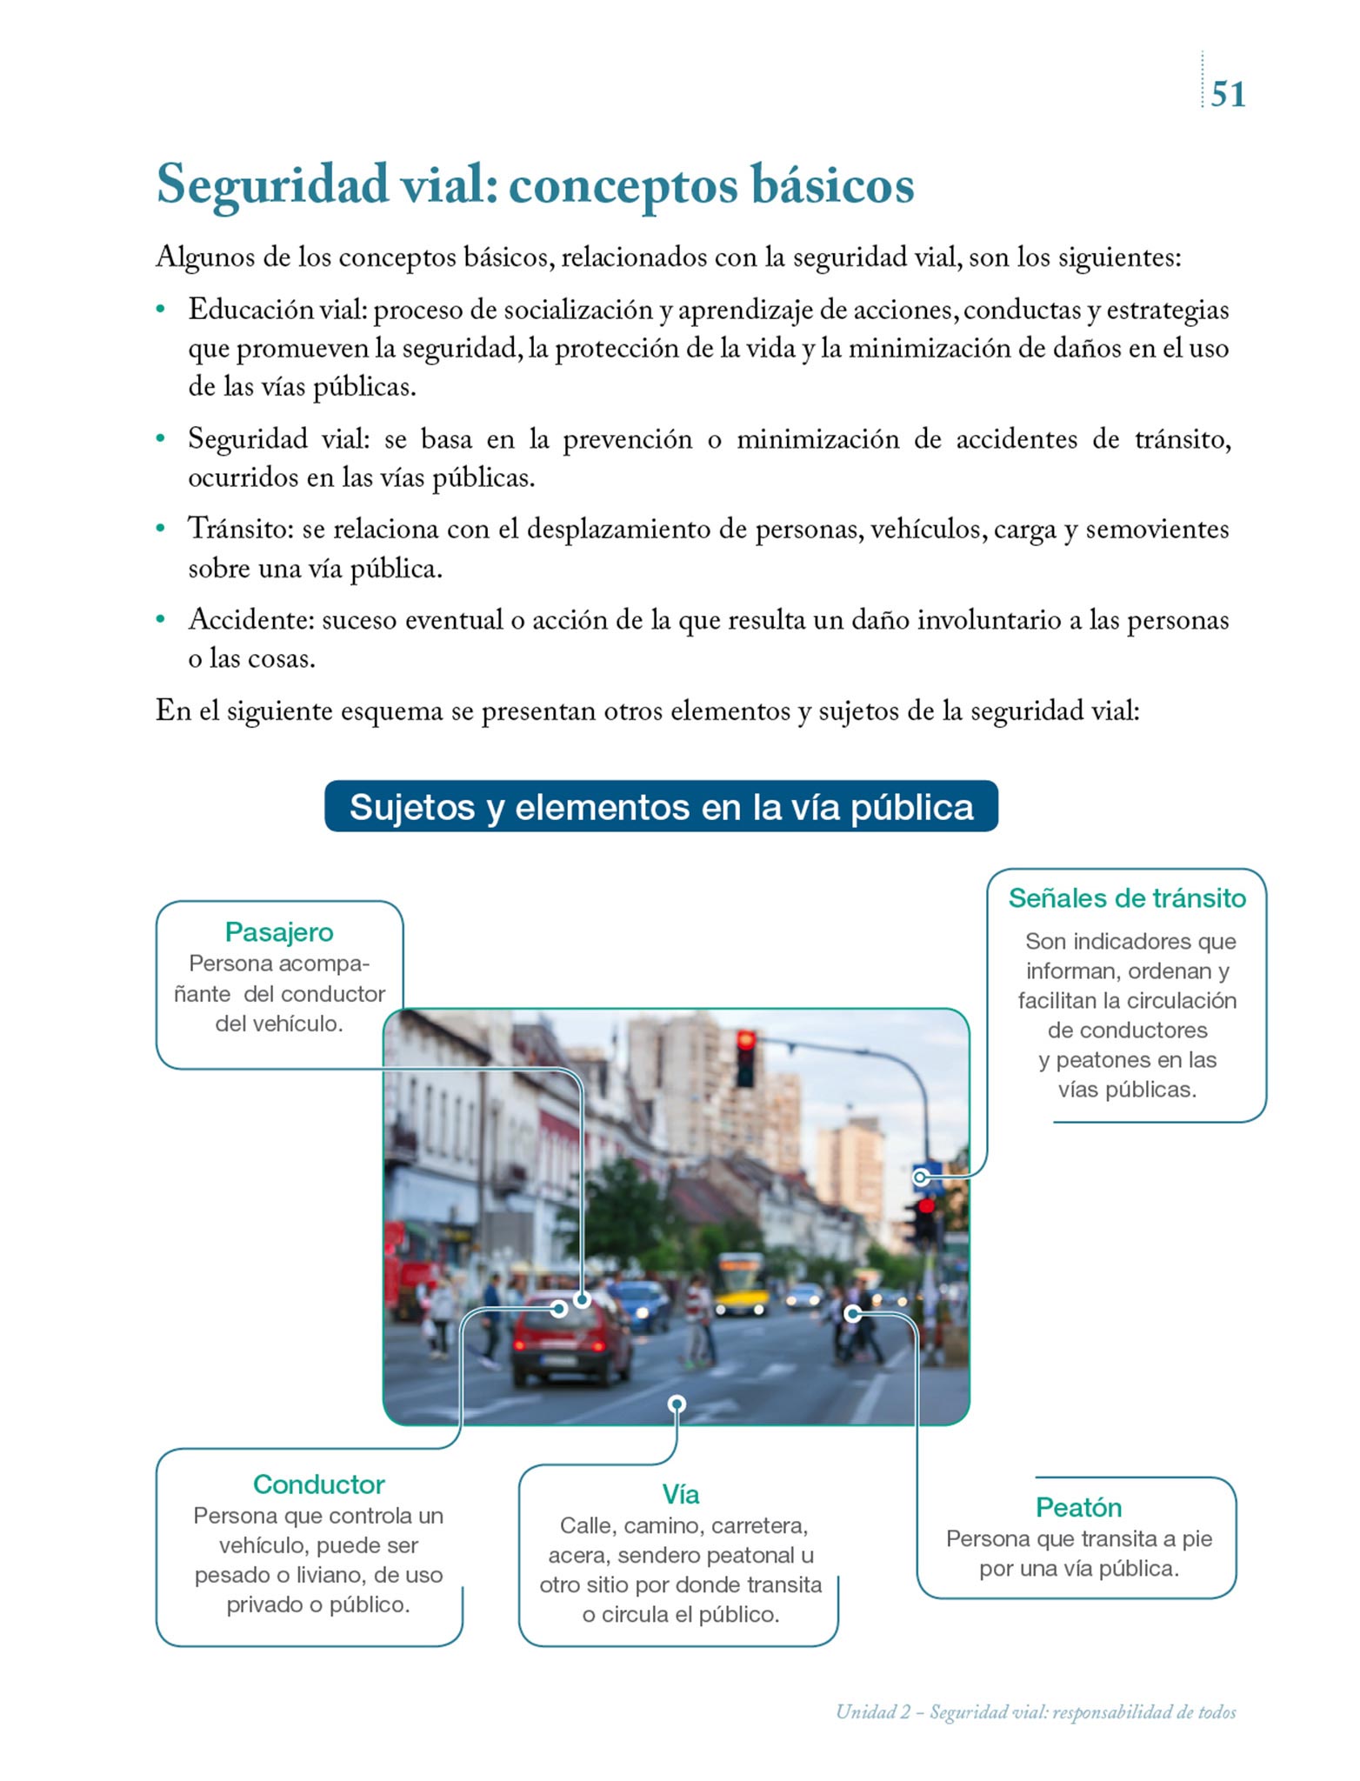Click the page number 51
(1228, 94)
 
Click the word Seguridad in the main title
(272, 185)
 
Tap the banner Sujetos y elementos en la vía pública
(661, 807)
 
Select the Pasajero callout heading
(279, 932)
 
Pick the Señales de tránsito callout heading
(1127, 898)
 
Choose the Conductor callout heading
(318, 1484)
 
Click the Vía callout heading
(680, 1495)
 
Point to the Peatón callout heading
(1078, 1507)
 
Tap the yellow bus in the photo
(741, 1284)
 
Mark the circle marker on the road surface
(677, 1404)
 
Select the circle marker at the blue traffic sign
(921, 1177)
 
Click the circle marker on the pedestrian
(853, 1314)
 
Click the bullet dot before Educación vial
(161, 310)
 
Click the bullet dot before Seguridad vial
(161, 439)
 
